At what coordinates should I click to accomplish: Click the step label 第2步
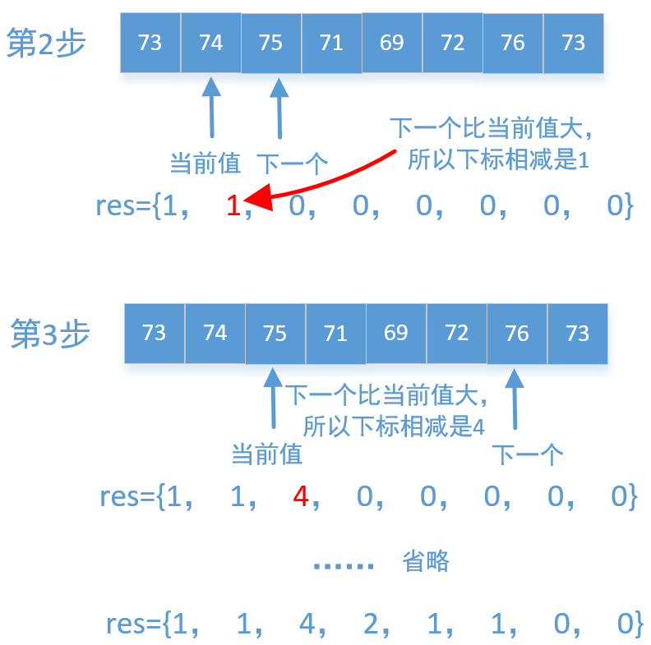coord(46,43)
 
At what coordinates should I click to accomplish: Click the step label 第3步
coord(50,334)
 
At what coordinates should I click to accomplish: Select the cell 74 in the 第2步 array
coord(211,43)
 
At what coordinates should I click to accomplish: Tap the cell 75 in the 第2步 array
coord(270,43)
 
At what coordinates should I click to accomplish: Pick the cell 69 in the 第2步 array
coord(392,43)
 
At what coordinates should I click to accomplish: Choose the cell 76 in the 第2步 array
coord(513,43)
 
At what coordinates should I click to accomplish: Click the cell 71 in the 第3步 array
coord(335,333)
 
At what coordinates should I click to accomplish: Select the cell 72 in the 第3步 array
coord(456,333)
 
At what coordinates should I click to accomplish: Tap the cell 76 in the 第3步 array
coord(517,333)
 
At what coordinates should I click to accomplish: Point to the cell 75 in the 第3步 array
coord(275,333)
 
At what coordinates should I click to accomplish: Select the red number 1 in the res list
coord(233,206)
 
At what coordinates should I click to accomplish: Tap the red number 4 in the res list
coord(301,496)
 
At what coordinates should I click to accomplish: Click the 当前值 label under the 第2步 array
coord(205,163)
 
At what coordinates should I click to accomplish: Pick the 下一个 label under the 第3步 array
coord(528,454)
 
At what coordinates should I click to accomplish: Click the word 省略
coord(426,561)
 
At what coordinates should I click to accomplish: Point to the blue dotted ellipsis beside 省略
coord(344,564)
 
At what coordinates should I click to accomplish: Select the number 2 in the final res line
coord(371,624)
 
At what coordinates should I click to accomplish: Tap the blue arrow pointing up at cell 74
coord(211,107)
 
